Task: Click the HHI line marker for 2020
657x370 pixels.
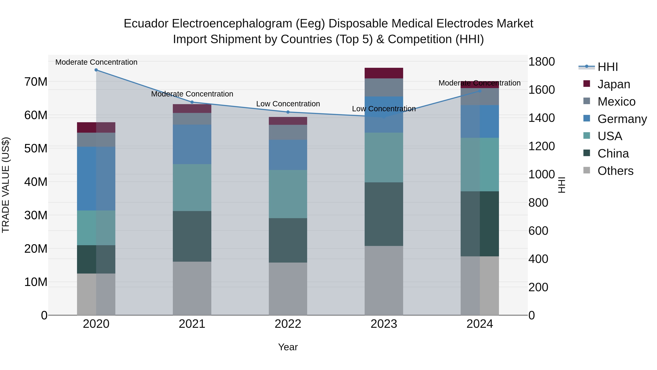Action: (x=96, y=70)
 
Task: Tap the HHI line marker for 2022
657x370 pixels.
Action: (x=288, y=112)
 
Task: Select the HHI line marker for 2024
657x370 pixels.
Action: (x=480, y=91)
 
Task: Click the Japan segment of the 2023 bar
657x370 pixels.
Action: (x=384, y=73)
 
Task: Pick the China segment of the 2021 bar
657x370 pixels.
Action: (x=192, y=236)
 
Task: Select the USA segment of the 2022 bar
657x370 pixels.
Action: (x=288, y=194)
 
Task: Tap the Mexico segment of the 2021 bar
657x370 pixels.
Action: (x=192, y=119)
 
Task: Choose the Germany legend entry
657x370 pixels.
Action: (x=622, y=119)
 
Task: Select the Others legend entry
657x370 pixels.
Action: (x=615, y=171)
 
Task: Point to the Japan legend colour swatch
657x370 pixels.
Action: (x=587, y=84)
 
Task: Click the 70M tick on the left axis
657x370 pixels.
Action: (x=36, y=82)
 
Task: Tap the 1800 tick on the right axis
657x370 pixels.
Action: (x=541, y=62)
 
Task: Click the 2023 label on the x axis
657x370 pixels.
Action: (x=384, y=324)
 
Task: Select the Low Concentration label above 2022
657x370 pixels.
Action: (x=288, y=104)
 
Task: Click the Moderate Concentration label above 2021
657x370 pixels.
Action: (x=192, y=94)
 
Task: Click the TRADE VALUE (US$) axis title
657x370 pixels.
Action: (x=6, y=185)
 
